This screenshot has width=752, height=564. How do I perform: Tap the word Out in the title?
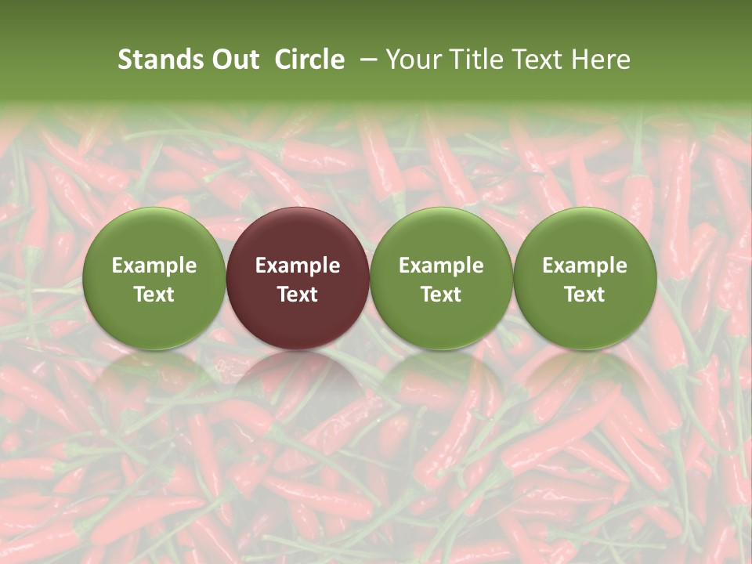click(234, 60)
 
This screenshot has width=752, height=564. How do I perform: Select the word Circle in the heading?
click(309, 60)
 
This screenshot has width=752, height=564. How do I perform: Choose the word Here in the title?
click(601, 60)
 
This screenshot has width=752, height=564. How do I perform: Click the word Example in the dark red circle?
click(298, 266)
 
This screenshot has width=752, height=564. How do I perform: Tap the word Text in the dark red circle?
click(298, 295)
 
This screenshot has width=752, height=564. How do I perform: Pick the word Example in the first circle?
click(154, 266)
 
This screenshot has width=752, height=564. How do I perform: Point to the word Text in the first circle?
click(154, 295)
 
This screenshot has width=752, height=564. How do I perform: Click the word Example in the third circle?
click(441, 266)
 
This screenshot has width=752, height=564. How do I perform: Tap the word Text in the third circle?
click(441, 295)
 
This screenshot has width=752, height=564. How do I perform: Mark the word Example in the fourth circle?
click(584, 266)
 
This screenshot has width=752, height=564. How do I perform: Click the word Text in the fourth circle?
click(584, 295)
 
